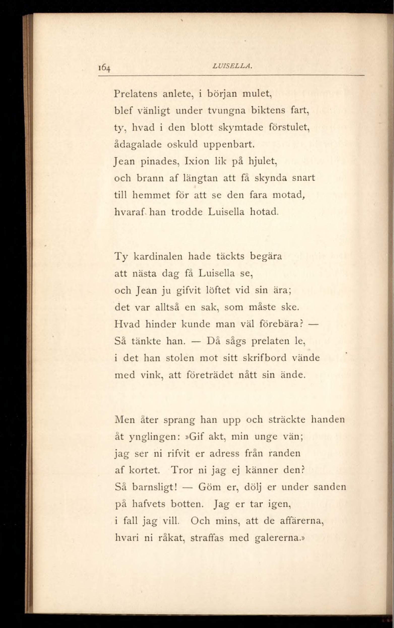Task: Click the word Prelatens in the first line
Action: pyautogui.click(x=136, y=94)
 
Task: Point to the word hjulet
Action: pyautogui.click(x=261, y=162)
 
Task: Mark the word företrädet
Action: pyautogui.click(x=210, y=375)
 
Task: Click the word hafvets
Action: pyautogui.click(x=149, y=504)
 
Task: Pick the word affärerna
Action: pyautogui.click(x=301, y=521)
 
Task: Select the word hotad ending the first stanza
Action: pyautogui.click(x=264, y=212)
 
